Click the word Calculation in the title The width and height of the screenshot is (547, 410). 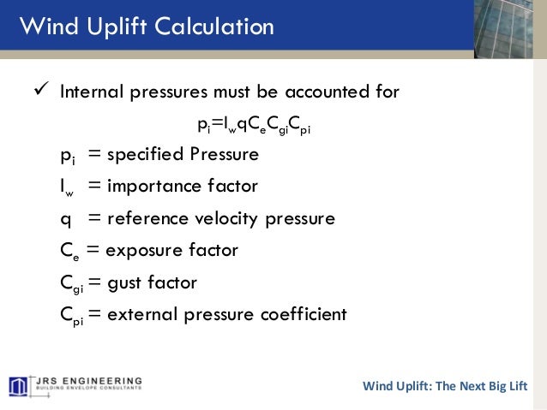[x=211, y=27]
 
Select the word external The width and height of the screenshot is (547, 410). [x=141, y=313]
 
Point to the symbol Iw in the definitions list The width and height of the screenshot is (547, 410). [x=68, y=187]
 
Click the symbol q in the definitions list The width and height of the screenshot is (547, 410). [x=65, y=219]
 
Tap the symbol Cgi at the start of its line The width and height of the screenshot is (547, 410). [x=71, y=282]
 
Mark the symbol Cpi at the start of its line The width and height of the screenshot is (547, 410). [x=71, y=314]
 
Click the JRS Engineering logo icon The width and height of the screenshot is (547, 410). [x=19, y=385]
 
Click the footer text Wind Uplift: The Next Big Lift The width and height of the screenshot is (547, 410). [x=445, y=385]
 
